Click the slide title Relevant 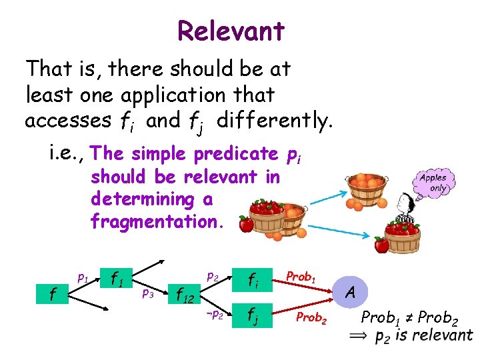coord(231,31)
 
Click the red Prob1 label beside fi coord(300,275)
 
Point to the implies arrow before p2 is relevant coord(359,337)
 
